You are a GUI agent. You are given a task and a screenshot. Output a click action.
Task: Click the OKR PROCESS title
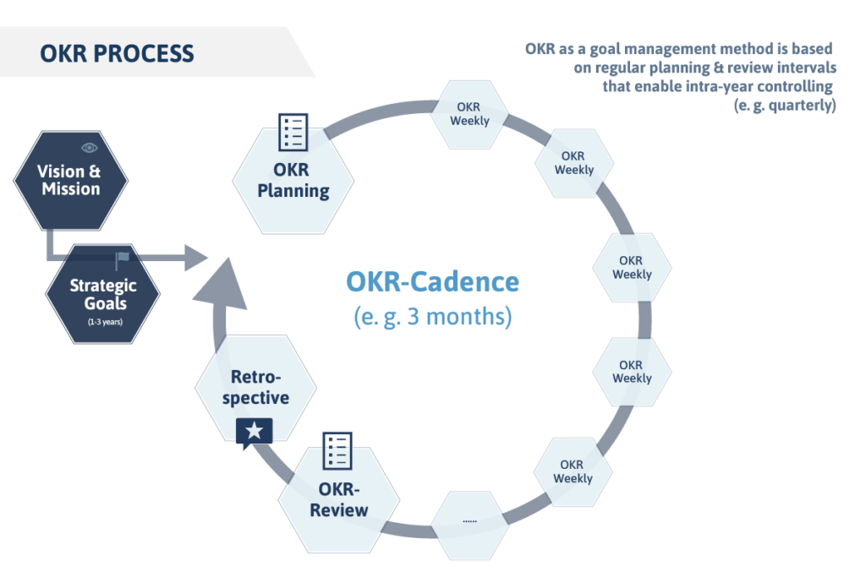coord(117,54)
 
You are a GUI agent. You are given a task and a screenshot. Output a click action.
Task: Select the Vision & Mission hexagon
coord(71,180)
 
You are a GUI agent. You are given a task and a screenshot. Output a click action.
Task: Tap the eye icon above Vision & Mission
coord(90,148)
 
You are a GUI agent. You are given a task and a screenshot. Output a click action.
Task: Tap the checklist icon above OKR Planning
coord(293,133)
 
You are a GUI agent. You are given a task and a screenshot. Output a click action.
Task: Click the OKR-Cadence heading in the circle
coord(432,281)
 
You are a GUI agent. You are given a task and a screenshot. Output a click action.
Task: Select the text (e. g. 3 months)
coord(432,318)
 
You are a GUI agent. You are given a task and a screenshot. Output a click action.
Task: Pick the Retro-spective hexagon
coord(255,388)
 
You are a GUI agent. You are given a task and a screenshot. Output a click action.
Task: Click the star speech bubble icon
coord(255,433)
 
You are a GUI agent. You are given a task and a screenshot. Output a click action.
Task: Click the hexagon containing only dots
coord(470,521)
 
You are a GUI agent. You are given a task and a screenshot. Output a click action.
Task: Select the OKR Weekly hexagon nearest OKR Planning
coord(469,114)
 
